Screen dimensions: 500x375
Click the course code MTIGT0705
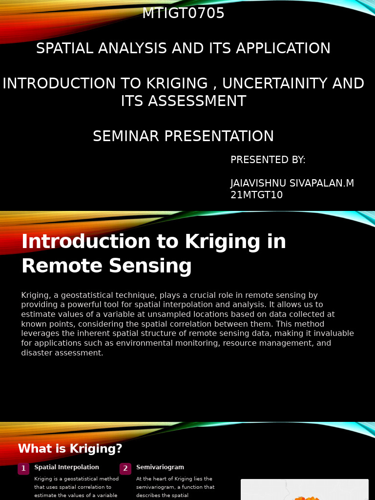[x=183, y=14]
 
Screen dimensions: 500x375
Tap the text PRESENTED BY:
[x=268, y=160]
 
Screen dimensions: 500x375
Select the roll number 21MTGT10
[x=256, y=195]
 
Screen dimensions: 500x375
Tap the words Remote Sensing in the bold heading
[x=106, y=267]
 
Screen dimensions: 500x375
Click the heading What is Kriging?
[x=70, y=449]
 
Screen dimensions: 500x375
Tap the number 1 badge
[x=23, y=469]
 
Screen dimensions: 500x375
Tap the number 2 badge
[x=125, y=469]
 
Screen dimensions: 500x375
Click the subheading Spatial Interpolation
[x=66, y=467]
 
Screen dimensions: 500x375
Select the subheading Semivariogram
[x=160, y=467]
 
